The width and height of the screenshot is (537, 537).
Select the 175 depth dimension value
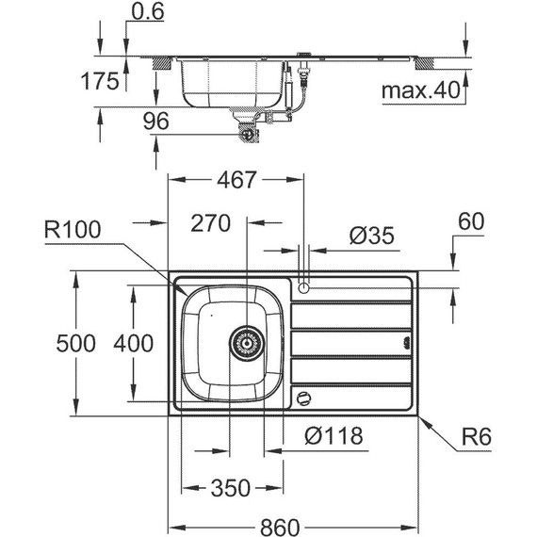click(x=99, y=81)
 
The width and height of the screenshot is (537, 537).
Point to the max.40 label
click(x=418, y=90)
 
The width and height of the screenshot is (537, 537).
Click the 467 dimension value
click(x=236, y=181)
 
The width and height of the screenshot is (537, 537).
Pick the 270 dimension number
click(x=211, y=223)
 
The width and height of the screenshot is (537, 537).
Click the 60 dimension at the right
click(x=471, y=222)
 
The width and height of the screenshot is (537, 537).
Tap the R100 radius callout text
click(x=73, y=230)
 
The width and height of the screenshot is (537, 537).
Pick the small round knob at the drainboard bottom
click(x=302, y=399)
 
